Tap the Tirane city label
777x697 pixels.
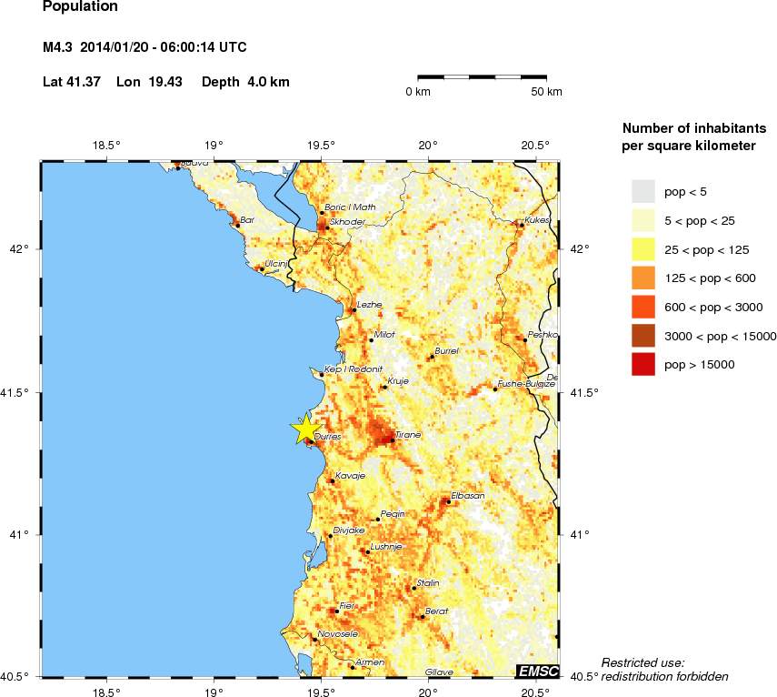point(408,435)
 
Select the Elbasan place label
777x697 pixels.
point(467,495)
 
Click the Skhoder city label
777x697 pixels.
point(346,221)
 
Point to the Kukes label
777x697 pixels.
point(537,219)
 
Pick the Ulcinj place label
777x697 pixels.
point(275,263)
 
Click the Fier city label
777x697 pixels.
point(346,605)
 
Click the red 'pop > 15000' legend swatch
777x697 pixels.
point(643,364)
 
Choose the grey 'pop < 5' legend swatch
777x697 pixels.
point(643,191)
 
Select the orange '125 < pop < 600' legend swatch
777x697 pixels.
point(643,278)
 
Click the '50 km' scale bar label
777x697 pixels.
point(547,92)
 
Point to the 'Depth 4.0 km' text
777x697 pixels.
point(245,82)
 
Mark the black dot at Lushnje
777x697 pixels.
point(367,551)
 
